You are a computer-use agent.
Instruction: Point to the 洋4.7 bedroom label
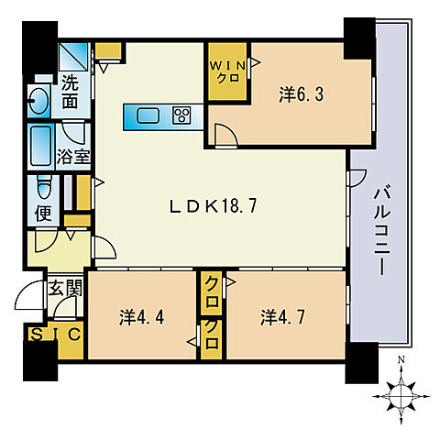click(280, 318)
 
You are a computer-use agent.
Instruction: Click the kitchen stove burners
click(181, 115)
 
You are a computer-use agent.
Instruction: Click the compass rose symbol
click(401, 394)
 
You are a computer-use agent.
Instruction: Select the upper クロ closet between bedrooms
click(212, 283)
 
